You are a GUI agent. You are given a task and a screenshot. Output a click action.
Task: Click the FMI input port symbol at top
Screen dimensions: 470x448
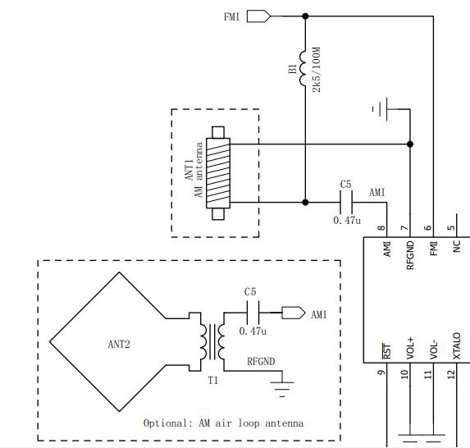point(258,16)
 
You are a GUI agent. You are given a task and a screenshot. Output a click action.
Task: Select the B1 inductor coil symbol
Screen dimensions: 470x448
point(303,69)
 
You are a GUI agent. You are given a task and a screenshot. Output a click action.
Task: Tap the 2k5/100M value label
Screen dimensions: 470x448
point(317,70)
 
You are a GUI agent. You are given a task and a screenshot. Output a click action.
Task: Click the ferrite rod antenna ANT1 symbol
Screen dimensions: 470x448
point(218,173)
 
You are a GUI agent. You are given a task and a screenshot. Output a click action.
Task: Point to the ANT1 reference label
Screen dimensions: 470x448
point(189,170)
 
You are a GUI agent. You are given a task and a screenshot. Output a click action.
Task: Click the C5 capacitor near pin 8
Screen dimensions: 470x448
point(346,203)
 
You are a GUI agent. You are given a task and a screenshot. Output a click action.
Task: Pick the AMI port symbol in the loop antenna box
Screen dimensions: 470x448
point(294,313)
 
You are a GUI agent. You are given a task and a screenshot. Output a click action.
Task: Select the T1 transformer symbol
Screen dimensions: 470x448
point(212,341)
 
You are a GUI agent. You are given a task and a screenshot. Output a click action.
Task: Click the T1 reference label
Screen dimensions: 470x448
point(212,381)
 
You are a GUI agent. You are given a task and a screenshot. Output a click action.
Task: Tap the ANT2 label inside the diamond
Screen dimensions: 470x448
point(119,345)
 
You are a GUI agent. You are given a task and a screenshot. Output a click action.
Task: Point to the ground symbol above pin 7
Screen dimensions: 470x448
point(380,109)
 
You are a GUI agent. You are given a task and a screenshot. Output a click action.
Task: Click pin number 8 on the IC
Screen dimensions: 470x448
point(381,228)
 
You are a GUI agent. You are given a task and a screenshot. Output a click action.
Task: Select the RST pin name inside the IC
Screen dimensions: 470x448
point(387,351)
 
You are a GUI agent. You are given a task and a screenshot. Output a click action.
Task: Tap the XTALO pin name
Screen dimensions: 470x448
point(457,345)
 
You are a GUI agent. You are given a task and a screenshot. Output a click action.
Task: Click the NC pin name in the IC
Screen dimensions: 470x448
point(457,246)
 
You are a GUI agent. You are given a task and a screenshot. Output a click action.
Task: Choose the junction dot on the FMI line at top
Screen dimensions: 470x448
point(305,16)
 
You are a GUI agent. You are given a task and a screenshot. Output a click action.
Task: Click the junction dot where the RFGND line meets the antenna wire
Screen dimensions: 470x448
point(410,144)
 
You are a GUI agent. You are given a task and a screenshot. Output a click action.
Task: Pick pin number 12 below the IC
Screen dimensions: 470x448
point(451,374)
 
